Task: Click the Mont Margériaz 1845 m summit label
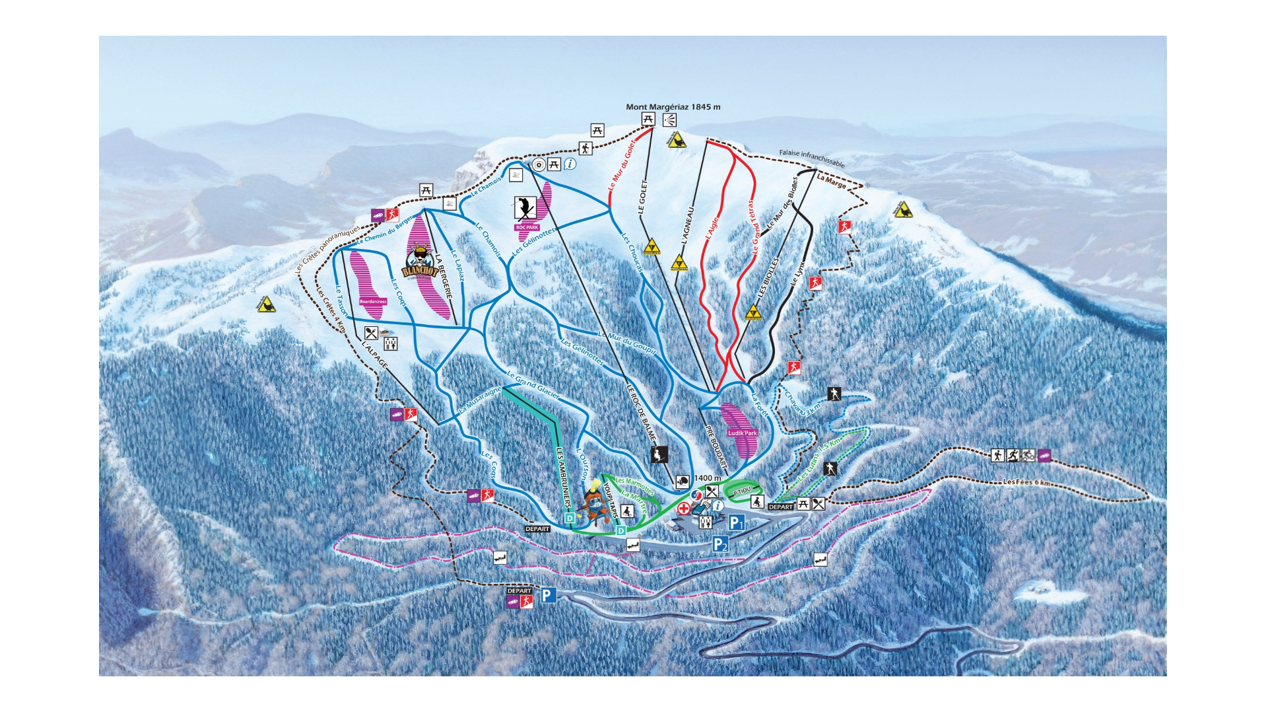(x=673, y=107)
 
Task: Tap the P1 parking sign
(x=737, y=523)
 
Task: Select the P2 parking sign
(x=719, y=544)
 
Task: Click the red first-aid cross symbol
(x=684, y=509)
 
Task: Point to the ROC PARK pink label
(x=527, y=227)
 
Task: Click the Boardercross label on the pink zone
(x=373, y=301)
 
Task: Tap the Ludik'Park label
(x=742, y=433)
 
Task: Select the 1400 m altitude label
(x=708, y=478)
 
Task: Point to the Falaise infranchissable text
(x=811, y=158)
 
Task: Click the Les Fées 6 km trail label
(x=1026, y=482)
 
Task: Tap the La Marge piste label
(x=831, y=181)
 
